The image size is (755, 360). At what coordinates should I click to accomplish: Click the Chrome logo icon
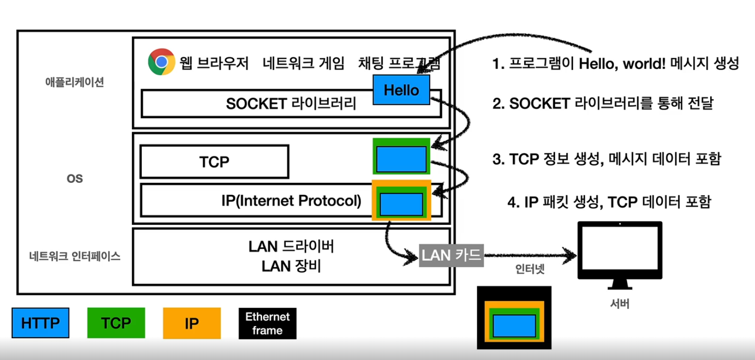161,62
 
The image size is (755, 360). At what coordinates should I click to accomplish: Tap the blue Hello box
401,90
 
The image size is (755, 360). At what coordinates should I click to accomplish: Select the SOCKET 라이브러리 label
291,103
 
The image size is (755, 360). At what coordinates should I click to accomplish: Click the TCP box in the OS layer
214,162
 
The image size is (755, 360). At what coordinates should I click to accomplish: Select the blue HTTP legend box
40,322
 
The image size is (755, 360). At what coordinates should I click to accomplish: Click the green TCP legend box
116,322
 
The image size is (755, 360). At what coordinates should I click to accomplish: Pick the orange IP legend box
192,322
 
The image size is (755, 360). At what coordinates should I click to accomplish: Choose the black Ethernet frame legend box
267,323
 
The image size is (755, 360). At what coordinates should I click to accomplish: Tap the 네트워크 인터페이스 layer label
74,256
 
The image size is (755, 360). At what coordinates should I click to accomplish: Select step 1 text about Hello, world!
615,64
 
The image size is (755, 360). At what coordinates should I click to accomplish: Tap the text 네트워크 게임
304,62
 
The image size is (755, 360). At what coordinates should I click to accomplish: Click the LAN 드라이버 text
292,247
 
